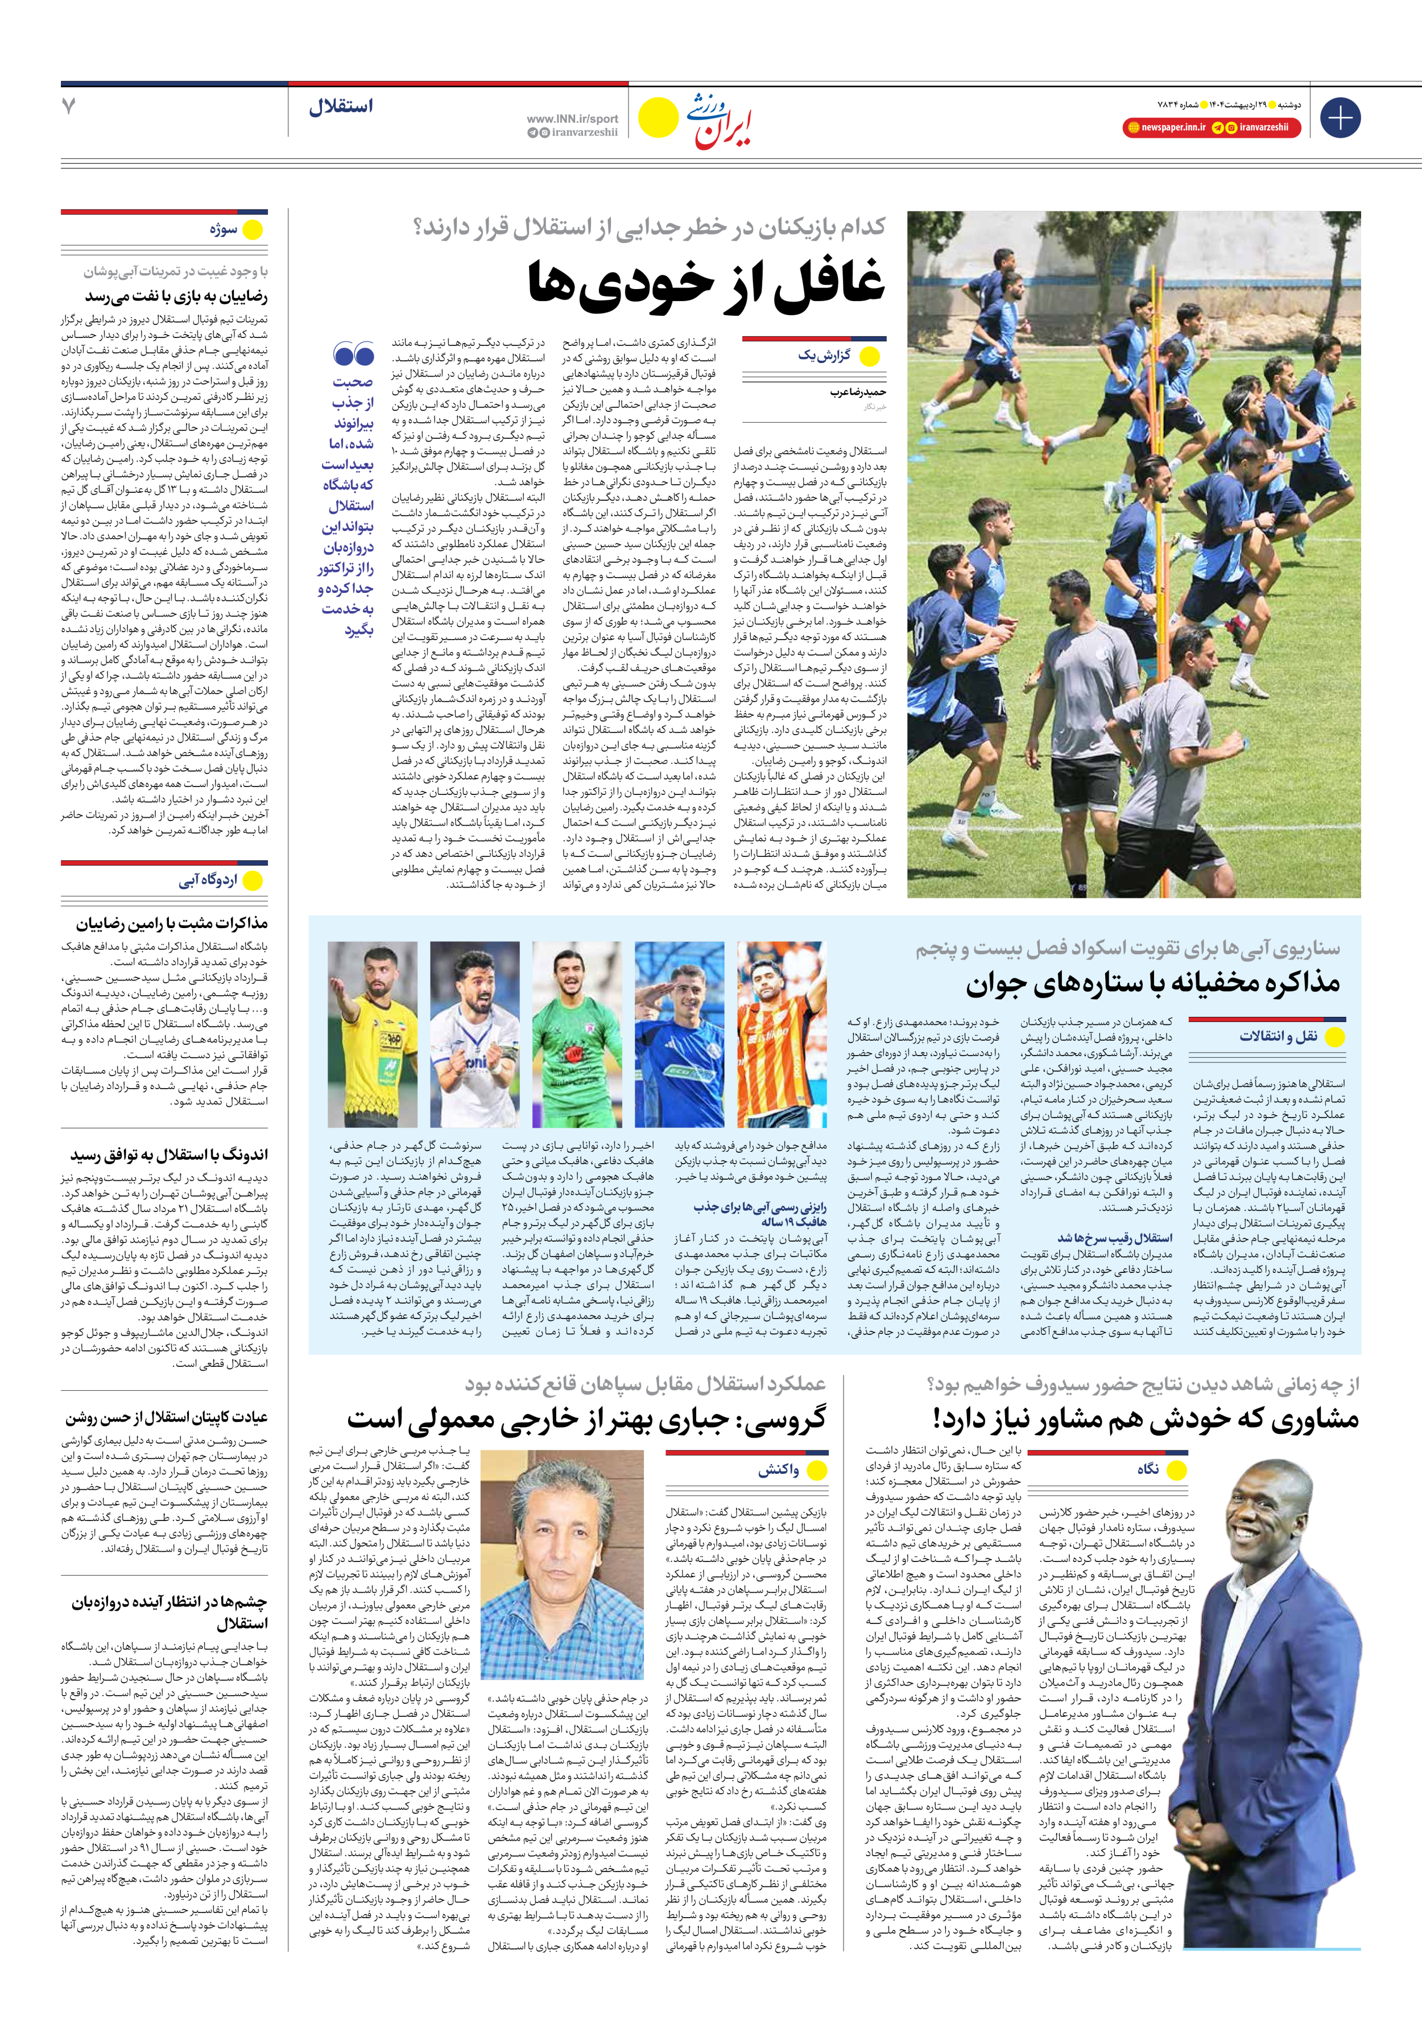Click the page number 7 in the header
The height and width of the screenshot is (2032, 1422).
pos(69,106)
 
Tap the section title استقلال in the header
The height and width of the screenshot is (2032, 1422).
pos(341,107)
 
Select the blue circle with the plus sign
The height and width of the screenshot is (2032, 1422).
pos(1340,118)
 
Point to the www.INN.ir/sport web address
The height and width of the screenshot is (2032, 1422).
pos(572,118)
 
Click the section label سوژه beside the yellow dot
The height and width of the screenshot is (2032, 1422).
pos(224,230)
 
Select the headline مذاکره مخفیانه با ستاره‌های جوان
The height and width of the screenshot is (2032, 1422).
pos(1152,982)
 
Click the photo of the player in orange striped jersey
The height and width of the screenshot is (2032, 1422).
pos(782,1034)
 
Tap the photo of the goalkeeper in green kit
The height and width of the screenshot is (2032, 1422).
pos(577,1034)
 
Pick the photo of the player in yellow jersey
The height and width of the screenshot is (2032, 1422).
pos(373,1034)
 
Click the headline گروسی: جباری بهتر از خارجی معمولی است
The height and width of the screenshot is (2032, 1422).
pos(586,1420)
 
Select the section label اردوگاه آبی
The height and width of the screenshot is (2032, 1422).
pos(208,881)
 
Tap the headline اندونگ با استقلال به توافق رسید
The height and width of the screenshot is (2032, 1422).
pos(169,1155)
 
